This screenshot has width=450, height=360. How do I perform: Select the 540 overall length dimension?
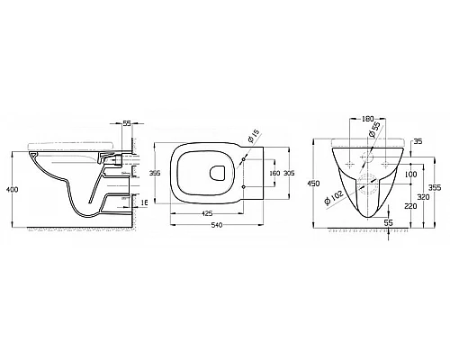(217, 225)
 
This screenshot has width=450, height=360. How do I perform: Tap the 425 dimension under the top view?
(207, 213)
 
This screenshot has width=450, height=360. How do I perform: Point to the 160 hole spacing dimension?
(274, 173)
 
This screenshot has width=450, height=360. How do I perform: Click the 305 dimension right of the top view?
(289, 173)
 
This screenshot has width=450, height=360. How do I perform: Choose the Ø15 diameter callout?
(253, 136)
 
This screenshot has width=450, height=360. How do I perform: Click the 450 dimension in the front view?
(314, 184)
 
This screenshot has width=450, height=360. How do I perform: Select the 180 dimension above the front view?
(367, 119)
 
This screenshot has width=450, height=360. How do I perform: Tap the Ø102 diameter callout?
(334, 198)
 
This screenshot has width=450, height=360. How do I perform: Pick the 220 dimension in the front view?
(410, 206)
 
